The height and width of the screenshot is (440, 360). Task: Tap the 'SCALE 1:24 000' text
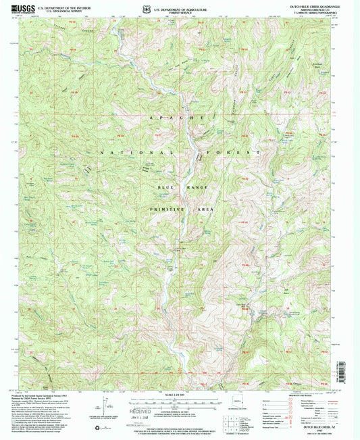[x=180, y=395]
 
